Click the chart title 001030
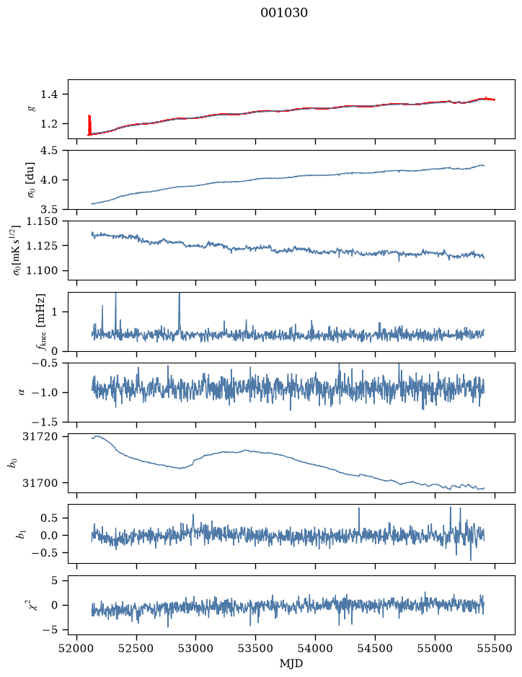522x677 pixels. tap(284, 13)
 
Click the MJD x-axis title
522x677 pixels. tap(291, 663)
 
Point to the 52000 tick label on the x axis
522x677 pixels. tap(77, 648)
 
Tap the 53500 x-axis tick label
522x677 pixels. tap(256, 648)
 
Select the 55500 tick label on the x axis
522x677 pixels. tap(495, 648)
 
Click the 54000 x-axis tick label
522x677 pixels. tap(315, 648)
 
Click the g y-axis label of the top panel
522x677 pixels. tap(32, 109)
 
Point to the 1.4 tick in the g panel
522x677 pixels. tap(49, 94)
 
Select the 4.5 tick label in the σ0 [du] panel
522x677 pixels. tap(49, 151)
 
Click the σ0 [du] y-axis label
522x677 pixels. tap(32, 180)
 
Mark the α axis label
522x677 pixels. tap(22, 392)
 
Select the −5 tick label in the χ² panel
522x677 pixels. tap(50, 630)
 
